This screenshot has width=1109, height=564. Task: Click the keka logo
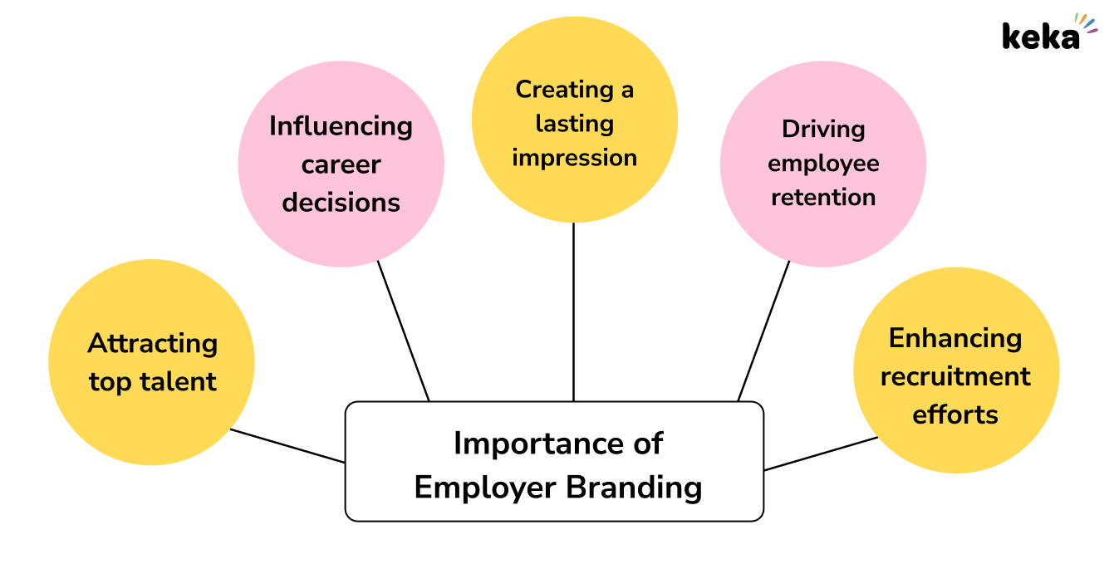point(1048,33)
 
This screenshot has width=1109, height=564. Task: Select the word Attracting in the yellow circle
point(153,343)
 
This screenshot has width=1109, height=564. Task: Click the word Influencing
point(341,126)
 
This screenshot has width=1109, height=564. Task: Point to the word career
point(341,164)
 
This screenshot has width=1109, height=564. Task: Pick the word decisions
point(341,202)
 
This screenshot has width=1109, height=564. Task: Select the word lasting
point(574,124)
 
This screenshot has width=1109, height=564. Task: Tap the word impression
point(574,158)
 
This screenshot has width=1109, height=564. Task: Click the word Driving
point(823,130)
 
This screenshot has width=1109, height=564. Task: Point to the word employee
point(823,164)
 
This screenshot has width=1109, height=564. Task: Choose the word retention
point(823,198)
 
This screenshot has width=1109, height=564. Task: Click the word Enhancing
point(955,338)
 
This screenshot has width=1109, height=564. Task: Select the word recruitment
point(955,376)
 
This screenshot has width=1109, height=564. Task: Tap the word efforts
point(955,414)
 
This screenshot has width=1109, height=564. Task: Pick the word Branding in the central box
point(634,487)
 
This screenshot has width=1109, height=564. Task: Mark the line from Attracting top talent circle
point(287,445)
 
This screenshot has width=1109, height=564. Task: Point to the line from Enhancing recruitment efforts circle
point(821,454)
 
